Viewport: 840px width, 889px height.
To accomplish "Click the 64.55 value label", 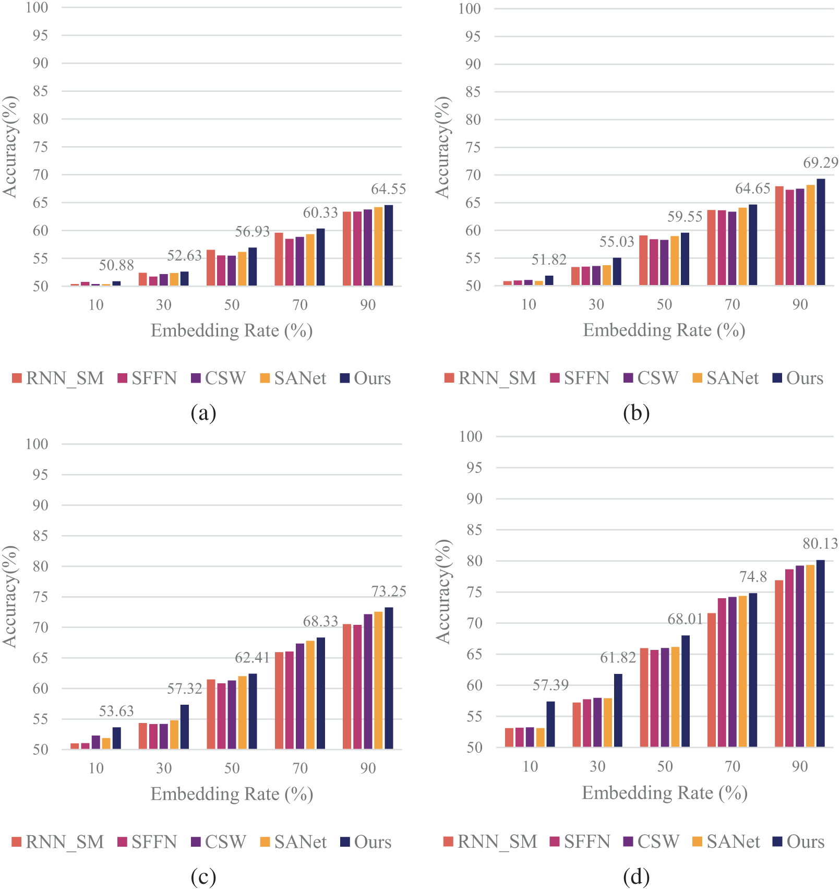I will point(388,189).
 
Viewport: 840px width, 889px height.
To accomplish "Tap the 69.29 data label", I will point(820,163).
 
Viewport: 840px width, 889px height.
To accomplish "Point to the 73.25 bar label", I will point(388,591).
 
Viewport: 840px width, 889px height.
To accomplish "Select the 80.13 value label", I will point(820,544).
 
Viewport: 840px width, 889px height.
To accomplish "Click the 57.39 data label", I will point(550,685).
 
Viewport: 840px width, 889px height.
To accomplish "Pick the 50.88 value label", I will point(116,265).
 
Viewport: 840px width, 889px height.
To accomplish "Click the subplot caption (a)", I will point(203,413).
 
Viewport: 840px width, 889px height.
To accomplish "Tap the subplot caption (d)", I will point(636,876).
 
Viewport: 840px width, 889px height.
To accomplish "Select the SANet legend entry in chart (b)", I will point(725,378).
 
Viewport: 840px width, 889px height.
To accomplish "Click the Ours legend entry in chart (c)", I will point(366,842).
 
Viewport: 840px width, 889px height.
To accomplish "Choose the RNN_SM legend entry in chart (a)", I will point(58,378).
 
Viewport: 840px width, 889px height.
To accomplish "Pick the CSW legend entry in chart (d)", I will point(652,841).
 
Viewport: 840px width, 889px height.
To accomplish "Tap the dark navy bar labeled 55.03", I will point(617,271).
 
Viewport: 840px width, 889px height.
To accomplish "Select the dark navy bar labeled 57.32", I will point(185,727).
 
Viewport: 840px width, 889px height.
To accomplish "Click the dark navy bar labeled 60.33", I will point(320,257).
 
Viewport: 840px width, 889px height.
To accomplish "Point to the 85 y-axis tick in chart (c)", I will point(40,536).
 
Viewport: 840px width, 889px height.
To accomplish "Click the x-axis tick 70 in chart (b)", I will point(732,304).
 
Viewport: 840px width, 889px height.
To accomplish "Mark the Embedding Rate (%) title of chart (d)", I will point(664,793).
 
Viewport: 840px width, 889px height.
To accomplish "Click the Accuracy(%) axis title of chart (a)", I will point(10,147).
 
